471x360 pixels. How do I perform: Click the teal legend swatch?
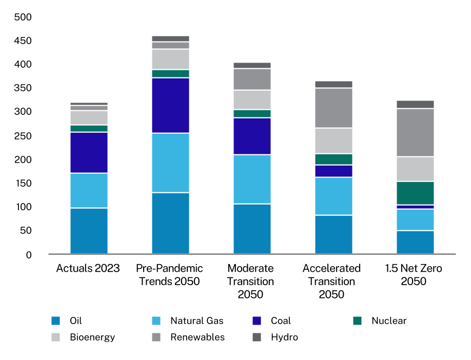(357, 321)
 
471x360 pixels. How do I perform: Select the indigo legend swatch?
(257, 321)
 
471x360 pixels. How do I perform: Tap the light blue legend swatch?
(156, 321)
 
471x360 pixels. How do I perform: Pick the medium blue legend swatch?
(55, 321)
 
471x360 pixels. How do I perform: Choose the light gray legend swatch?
(55, 337)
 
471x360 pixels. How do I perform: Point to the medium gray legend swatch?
(156, 337)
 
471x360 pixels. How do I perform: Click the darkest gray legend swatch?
(257, 337)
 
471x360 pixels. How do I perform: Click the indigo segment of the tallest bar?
(170, 105)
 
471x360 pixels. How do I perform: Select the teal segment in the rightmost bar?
(415, 193)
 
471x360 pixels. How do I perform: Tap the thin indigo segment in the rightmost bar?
(415, 207)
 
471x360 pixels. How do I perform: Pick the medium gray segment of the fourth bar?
(333, 108)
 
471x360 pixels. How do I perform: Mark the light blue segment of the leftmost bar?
(89, 190)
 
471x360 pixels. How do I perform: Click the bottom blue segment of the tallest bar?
(170, 223)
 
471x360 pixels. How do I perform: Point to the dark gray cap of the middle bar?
(252, 65)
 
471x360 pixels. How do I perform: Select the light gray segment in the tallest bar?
(170, 59)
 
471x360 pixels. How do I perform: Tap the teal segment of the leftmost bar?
(89, 128)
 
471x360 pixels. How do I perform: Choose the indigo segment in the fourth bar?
(333, 171)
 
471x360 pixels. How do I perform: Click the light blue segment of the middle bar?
(252, 179)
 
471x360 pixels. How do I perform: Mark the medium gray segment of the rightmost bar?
(415, 132)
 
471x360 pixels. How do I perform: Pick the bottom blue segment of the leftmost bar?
(89, 231)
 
